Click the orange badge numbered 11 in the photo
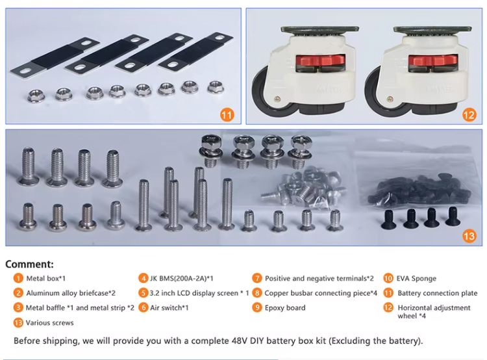coord(227,115)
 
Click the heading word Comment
coord(30,264)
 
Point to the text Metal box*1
coord(47,278)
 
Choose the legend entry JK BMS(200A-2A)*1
coord(182,278)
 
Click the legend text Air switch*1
coord(169,307)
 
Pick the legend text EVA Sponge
coord(417,278)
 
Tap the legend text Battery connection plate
coord(437,293)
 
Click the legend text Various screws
coord(50,322)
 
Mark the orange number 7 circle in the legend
coord(257,278)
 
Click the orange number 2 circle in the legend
coord(18,293)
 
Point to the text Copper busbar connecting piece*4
coord(321,293)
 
